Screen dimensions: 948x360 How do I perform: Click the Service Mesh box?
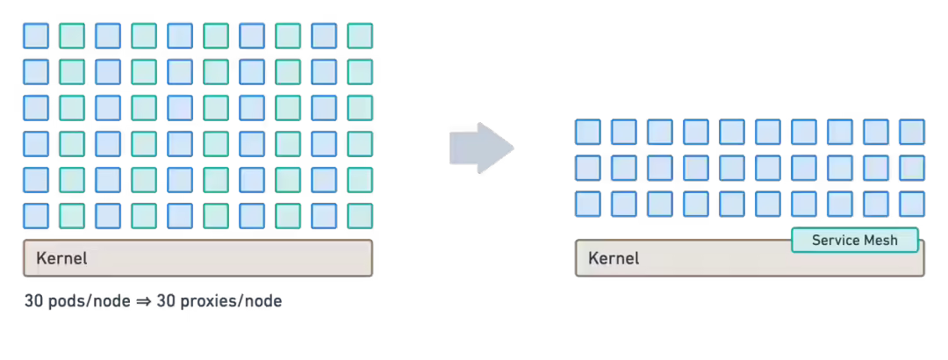855,241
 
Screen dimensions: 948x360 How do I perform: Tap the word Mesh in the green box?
880,241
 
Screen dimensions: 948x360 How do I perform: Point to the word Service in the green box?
835,241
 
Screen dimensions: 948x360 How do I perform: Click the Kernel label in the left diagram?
61,258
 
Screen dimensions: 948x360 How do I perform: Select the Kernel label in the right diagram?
614,258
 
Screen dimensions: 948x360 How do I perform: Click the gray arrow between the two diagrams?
481,148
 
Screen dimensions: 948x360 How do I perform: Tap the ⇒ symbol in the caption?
143,300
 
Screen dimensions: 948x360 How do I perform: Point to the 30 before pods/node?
32,300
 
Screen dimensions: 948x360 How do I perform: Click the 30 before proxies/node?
165,300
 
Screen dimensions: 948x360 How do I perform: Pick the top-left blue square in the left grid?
36,36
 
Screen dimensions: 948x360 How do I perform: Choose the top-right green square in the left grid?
360,36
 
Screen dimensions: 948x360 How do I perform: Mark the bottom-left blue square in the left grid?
36,216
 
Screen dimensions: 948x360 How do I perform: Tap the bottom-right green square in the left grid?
360,216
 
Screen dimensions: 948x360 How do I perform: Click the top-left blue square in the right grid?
587,132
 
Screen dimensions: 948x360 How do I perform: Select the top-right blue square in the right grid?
912,132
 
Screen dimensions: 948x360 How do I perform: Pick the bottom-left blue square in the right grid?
587,204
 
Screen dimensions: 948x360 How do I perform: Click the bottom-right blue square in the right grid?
912,204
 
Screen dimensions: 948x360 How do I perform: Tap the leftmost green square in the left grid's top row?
72,36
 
